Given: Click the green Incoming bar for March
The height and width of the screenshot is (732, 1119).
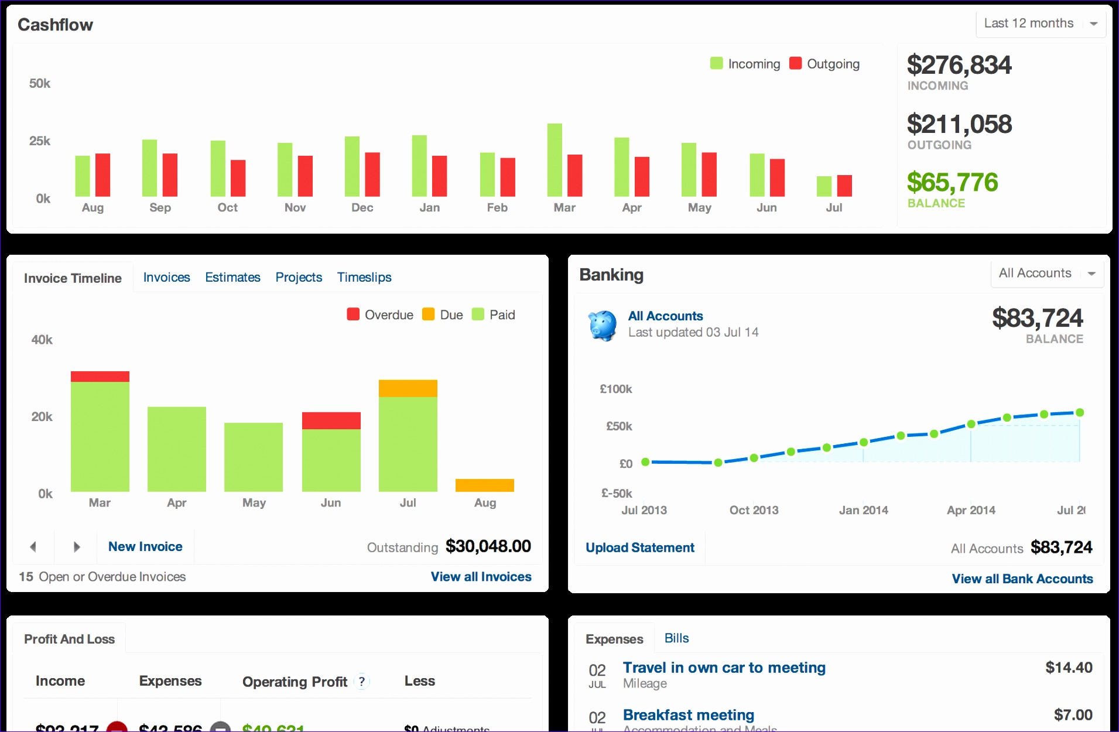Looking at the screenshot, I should pyautogui.click(x=554, y=160).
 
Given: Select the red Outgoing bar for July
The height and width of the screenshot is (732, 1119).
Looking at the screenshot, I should pyautogui.click(x=844, y=186).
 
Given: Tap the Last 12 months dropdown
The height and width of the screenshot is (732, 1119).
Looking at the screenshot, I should pyautogui.click(x=1040, y=23).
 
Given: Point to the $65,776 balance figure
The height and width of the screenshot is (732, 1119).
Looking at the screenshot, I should pyautogui.click(x=952, y=182).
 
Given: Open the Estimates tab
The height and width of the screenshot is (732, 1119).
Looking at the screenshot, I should pyautogui.click(x=232, y=277).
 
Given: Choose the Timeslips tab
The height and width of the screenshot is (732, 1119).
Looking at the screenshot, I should pyautogui.click(x=364, y=277).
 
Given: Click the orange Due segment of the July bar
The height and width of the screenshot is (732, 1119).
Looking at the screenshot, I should pyautogui.click(x=408, y=388).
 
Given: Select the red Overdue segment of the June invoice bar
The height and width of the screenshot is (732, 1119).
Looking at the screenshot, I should pyautogui.click(x=331, y=420).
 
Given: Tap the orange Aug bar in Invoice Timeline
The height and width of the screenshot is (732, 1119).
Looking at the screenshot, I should pyautogui.click(x=484, y=485).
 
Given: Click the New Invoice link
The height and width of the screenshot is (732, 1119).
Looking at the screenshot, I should pyautogui.click(x=145, y=546).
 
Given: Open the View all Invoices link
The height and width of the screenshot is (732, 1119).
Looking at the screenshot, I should pyautogui.click(x=481, y=577).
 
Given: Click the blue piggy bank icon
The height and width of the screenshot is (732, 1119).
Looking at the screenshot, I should pyautogui.click(x=603, y=325).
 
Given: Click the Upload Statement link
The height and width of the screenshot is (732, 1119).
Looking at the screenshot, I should pyautogui.click(x=639, y=548).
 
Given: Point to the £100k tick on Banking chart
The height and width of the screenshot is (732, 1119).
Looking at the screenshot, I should pyautogui.click(x=615, y=389).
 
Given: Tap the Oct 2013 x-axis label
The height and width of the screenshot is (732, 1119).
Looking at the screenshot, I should pyautogui.click(x=754, y=510).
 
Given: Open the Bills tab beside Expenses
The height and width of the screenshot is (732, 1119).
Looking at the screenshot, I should pyautogui.click(x=676, y=638).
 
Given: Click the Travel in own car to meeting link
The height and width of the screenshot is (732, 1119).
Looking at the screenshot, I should pyautogui.click(x=724, y=668).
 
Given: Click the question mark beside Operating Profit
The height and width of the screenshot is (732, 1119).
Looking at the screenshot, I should pyautogui.click(x=362, y=681).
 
